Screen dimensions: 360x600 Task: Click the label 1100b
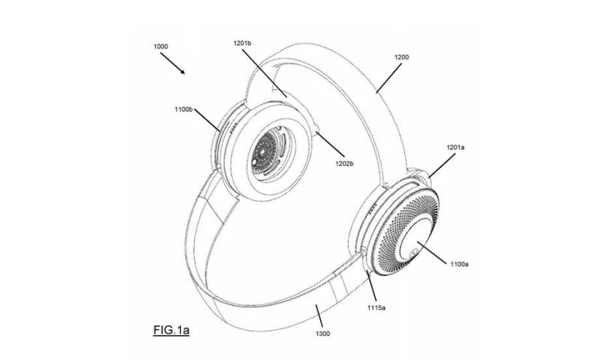click(x=184, y=109)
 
